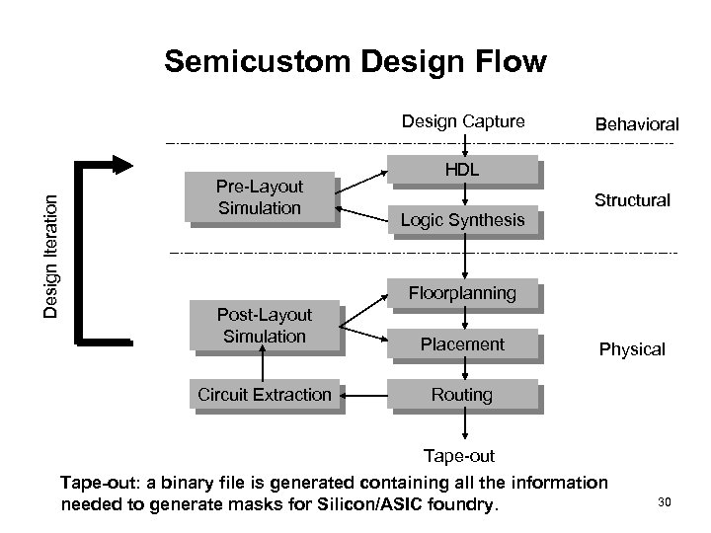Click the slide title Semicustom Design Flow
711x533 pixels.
coord(355,62)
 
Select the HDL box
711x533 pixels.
coord(461,171)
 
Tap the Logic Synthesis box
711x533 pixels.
coord(461,220)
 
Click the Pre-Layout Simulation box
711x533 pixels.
coord(260,196)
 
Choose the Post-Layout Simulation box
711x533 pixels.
coord(264,325)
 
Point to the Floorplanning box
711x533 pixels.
coord(461,293)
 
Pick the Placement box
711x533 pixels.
coord(461,344)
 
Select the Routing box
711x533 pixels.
coord(461,395)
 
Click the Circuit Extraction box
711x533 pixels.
coord(264,395)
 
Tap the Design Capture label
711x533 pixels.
coord(462,121)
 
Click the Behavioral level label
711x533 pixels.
coord(636,124)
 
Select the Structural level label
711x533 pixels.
coord(632,200)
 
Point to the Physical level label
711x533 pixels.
coord(631,349)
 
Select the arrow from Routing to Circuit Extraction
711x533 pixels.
coord(365,396)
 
